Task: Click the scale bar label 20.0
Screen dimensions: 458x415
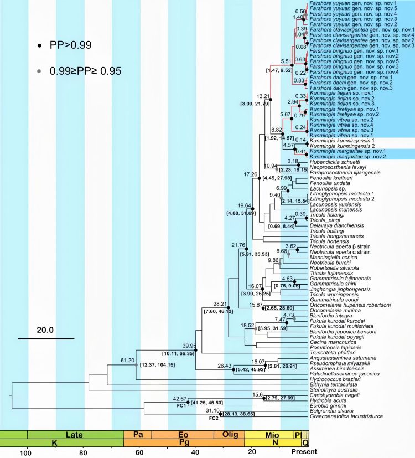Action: coord(45,330)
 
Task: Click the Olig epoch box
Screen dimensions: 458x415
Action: coord(229,435)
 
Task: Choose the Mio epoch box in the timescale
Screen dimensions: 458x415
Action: coord(269,435)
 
